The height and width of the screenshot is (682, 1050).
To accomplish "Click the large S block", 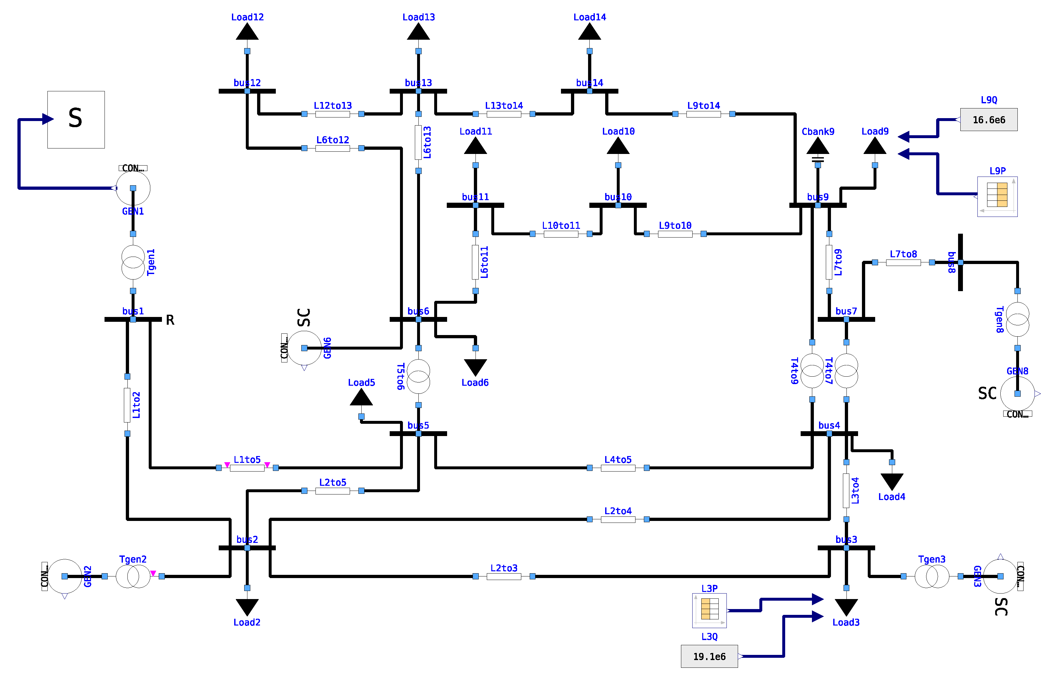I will pos(76,120).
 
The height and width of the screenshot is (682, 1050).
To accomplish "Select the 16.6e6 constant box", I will pos(988,120).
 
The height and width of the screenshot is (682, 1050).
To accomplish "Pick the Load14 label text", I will pos(589,17).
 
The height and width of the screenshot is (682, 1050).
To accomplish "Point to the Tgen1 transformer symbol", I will pos(133,262).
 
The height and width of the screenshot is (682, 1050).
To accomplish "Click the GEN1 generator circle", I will pos(133,188).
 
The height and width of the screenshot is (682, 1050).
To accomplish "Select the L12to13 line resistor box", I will pos(333,114).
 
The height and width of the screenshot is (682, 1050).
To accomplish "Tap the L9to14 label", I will pos(703,106).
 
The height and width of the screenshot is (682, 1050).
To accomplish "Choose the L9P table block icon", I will pos(997,197).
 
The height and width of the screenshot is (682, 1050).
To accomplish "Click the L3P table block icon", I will pos(709,610).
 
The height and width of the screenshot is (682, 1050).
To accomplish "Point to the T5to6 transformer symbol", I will pos(418,376).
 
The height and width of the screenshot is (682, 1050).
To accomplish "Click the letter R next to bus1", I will pos(170,320).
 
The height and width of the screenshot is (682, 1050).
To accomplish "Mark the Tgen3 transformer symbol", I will pos(932,576).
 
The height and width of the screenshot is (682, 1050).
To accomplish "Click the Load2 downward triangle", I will pos(247,606).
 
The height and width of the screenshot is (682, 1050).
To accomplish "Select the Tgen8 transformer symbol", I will pos(1017,319).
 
